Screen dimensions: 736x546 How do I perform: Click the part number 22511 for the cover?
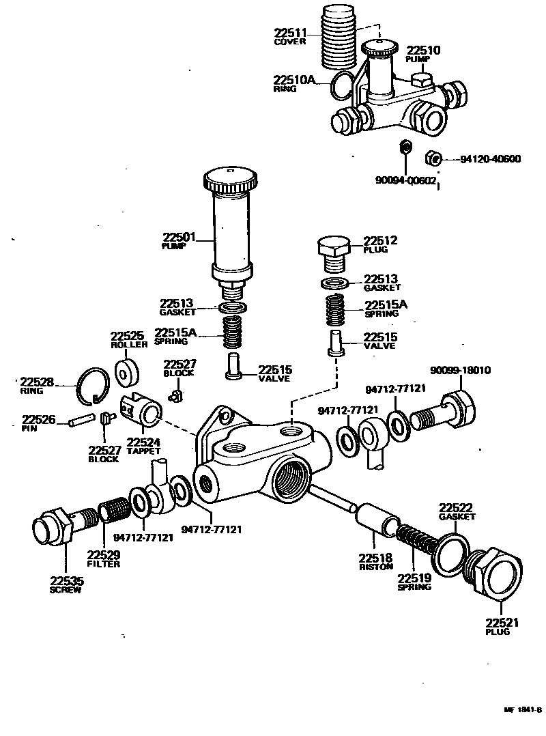coord(291,32)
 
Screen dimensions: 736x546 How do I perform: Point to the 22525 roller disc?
coord(126,373)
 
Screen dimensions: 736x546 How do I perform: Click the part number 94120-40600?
coord(490,159)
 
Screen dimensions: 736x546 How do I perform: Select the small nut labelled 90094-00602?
coord(403,147)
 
